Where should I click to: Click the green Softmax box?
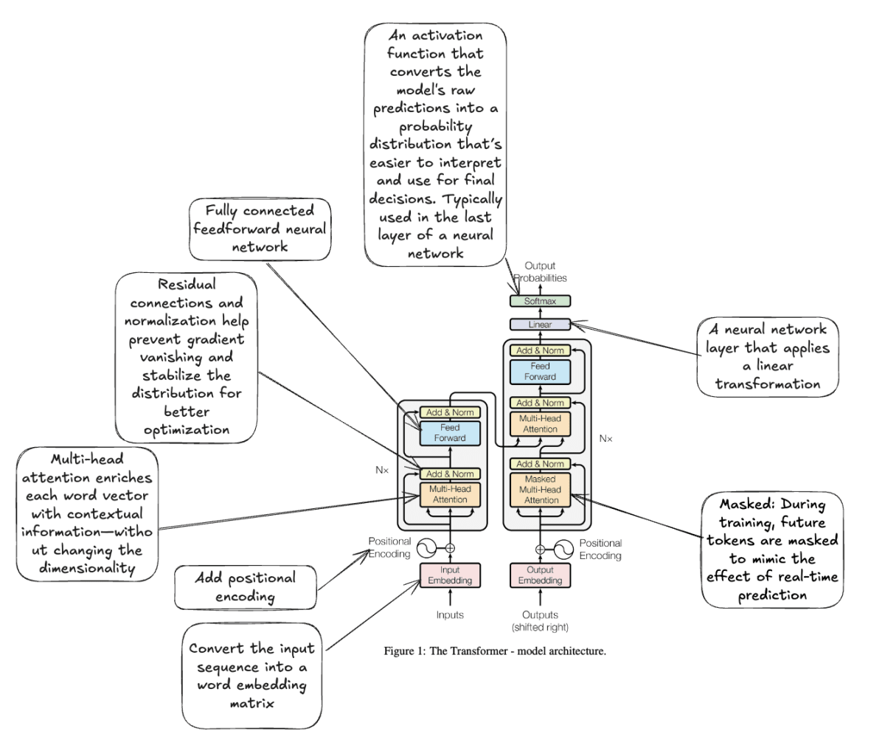click(540, 301)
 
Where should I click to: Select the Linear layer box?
click(540, 325)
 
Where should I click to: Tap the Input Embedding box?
click(450, 575)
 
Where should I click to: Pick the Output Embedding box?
click(540, 575)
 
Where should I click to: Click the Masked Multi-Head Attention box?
click(540, 490)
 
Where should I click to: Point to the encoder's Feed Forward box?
click(450, 433)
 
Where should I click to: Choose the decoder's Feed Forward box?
click(540, 372)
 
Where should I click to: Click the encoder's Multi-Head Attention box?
click(450, 494)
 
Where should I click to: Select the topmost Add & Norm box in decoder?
click(540, 350)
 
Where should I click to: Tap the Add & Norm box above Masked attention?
click(540, 464)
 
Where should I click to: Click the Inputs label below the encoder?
click(450, 615)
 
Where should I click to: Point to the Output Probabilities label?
click(540, 271)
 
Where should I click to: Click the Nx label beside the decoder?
click(605, 438)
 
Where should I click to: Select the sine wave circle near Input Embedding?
click(427, 548)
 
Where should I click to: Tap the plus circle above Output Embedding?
click(540, 550)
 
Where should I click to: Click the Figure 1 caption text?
click(495, 651)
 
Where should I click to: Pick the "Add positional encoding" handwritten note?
click(246, 587)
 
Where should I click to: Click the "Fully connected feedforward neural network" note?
click(260, 229)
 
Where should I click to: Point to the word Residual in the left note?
click(187, 284)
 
